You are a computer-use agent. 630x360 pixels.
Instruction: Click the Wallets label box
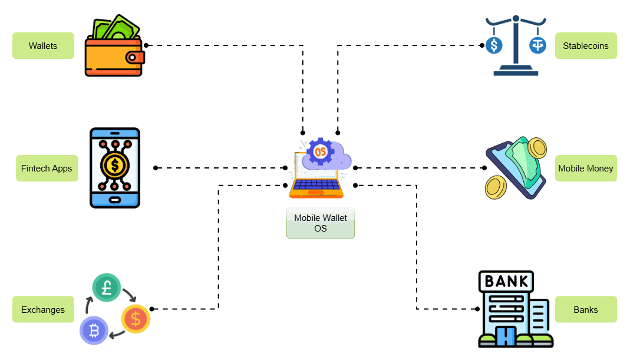tap(43, 46)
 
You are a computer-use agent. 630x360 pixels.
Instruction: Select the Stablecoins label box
tap(585, 46)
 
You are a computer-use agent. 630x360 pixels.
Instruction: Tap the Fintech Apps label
tap(47, 169)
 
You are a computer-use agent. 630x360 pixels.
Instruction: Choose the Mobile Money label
tap(585, 169)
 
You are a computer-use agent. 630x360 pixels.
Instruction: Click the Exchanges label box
tap(43, 310)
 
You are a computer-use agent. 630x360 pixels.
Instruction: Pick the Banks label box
tap(585, 310)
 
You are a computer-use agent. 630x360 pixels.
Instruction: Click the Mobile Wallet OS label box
tap(320, 223)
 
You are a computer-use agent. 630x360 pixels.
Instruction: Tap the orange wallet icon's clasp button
tap(136, 57)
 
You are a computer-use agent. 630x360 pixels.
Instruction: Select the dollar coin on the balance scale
tap(494, 45)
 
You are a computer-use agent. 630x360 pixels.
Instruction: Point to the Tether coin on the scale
tap(537, 45)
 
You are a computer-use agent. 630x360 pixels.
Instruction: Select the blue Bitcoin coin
tap(94, 331)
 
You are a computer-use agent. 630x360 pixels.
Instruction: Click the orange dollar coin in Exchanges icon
tap(136, 319)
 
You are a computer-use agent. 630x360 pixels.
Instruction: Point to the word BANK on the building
tap(506, 281)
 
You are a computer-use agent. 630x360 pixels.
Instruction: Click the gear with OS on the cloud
tap(320, 151)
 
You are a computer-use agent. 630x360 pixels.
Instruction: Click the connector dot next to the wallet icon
tap(146, 45)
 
